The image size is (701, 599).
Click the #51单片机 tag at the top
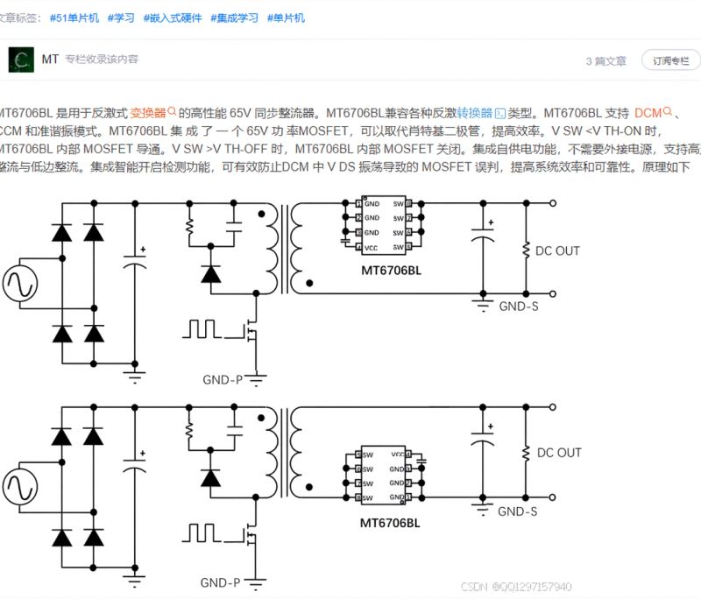(x=74, y=18)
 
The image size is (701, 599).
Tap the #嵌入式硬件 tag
(x=174, y=18)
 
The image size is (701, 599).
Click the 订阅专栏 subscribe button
(x=671, y=61)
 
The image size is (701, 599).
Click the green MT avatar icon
(x=20, y=60)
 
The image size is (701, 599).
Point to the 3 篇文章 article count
(x=606, y=61)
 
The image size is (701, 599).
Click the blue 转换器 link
(x=474, y=113)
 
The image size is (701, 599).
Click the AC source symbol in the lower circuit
(x=19, y=487)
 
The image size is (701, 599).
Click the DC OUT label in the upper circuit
(x=557, y=250)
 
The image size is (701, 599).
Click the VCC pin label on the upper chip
(x=371, y=248)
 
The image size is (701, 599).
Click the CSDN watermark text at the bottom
(x=516, y=587)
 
